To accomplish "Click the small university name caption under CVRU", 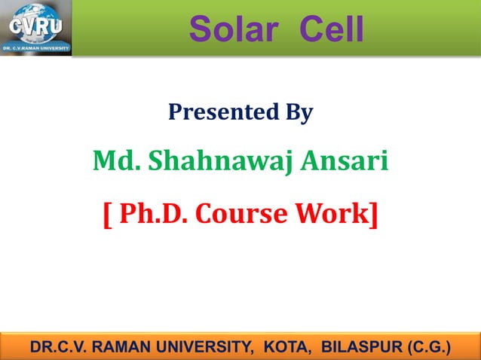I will [35, 47].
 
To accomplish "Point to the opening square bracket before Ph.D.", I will [106, 215].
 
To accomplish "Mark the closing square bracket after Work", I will [374, 215].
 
